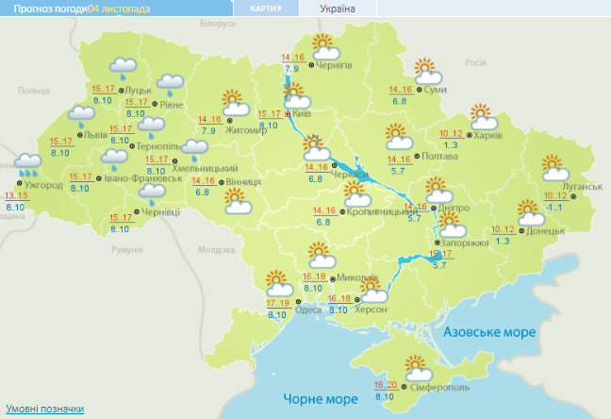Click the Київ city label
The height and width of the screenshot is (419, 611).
tap(302, 113)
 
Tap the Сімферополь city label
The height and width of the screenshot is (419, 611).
tap(440, 389)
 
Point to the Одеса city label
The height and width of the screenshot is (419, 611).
tap(307, 310)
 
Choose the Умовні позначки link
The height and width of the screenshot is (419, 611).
tap(43, 409)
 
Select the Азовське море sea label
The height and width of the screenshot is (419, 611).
tap(488, 332)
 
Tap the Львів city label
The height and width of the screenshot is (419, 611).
tap(95, 135)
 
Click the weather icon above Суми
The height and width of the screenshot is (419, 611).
tap(427, 69)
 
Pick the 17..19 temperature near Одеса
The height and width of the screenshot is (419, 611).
tap(277, 303)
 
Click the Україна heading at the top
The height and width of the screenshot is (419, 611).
tap(338, 8)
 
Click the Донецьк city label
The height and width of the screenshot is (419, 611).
tap(546, 229)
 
